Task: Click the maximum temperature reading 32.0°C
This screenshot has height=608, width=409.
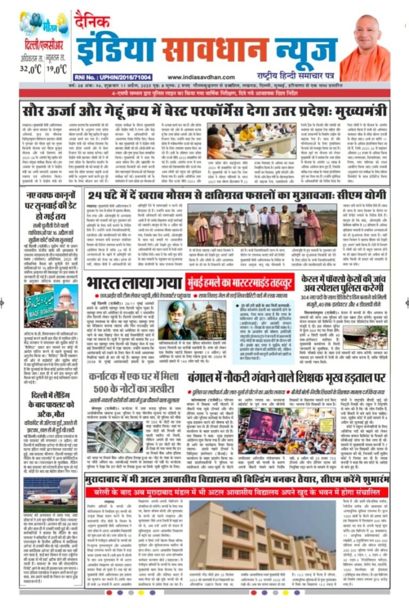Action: point(31,68)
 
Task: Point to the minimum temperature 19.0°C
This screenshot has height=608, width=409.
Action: point(55,68)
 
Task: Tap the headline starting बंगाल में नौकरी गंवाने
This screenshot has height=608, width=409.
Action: point(287,377)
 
